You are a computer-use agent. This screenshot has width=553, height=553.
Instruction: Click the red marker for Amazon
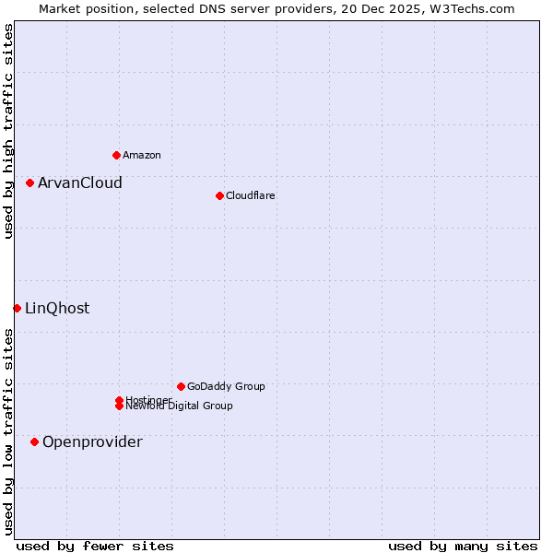click(x=116, y=155)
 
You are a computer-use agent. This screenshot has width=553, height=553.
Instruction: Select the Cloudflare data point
click(x=219, y=195)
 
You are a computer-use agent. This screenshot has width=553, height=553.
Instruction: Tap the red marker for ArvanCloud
click(x=29, y=182)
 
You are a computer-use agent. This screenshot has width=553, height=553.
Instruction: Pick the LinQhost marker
click(x=17, y=308)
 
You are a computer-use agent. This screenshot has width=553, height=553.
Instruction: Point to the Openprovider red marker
click(x=34, y=441)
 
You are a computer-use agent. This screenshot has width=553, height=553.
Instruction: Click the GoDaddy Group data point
click(x=181, y=386)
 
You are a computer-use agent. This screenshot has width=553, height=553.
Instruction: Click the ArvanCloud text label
click(x=80, y=182)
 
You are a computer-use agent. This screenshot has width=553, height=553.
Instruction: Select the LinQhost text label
click(x=57, y=308)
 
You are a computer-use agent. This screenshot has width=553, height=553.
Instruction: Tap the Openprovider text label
click(x=92, y=441)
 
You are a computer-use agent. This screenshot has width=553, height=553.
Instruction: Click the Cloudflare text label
click(x=251, y=195)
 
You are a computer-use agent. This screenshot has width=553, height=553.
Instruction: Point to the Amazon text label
click(x=142, y=155)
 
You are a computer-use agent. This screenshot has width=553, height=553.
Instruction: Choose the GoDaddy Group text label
click(x=226, y=386)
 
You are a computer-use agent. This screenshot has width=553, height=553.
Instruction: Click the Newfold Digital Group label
click(x=180, y=406)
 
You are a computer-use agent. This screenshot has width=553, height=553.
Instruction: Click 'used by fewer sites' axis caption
click(x=95, y=546)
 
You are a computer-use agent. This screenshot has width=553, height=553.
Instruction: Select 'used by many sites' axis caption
click(x=463, y=546)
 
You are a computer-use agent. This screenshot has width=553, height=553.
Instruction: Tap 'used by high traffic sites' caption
click(x=8, y=131)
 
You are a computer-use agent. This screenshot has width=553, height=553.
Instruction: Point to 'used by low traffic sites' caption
click(x=8, y=431)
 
